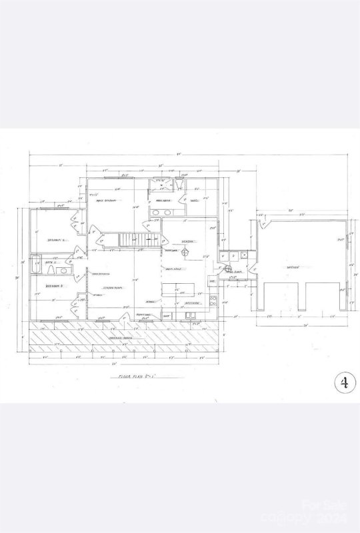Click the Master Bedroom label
(x=106, y=201)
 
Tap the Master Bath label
(x=164, y=201)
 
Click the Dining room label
(x=188, y=242)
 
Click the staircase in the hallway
(x=136, y=239)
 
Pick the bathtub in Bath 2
(x=37, y=264)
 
